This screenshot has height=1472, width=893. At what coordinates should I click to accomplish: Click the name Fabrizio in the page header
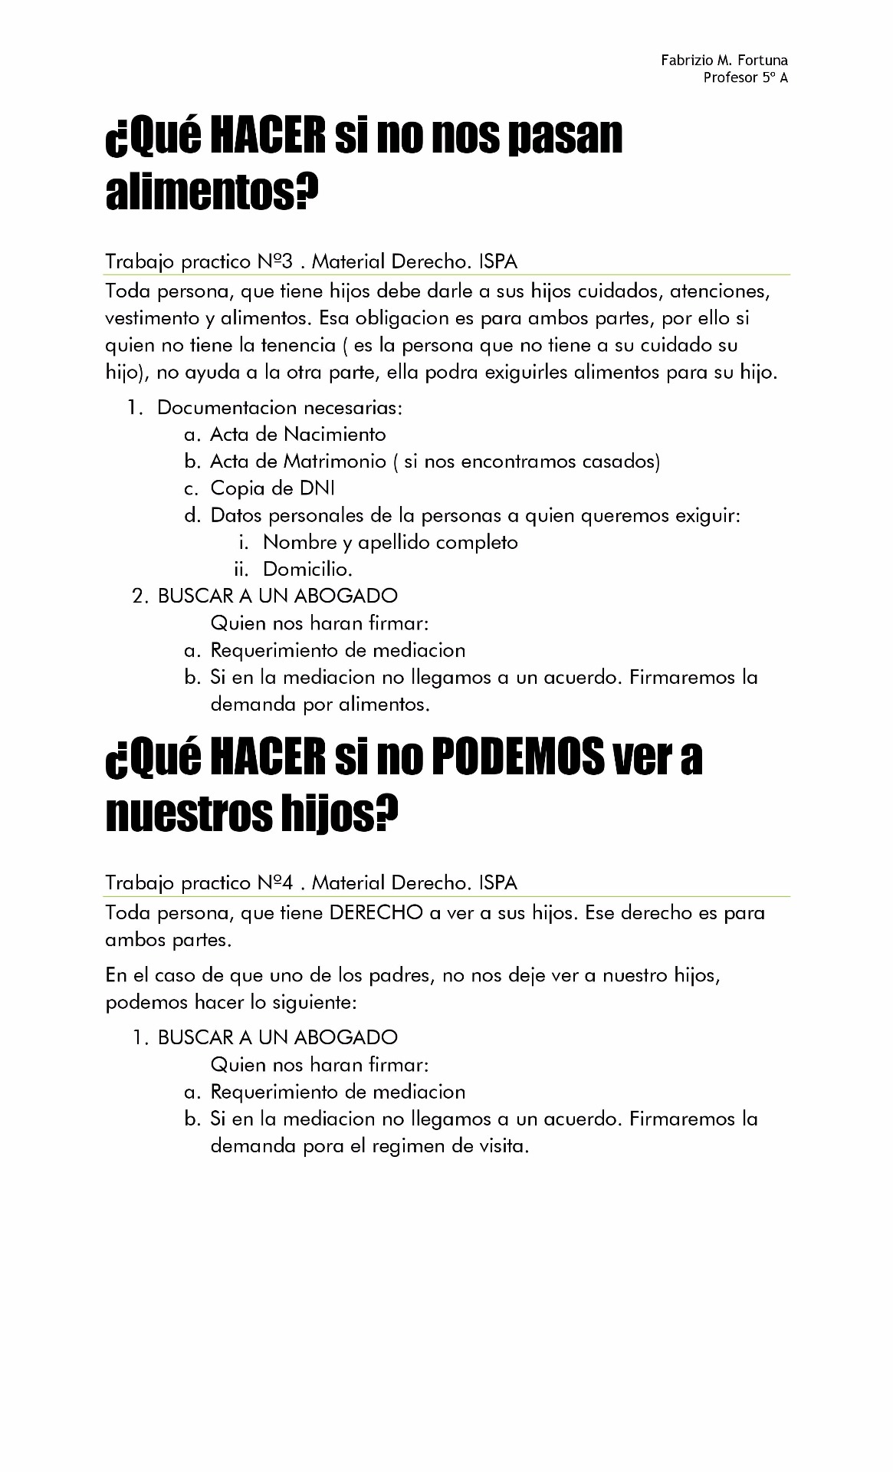(686, 61)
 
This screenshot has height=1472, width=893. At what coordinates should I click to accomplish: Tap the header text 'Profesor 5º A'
(745, 77)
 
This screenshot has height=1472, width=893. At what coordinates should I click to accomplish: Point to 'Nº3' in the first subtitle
(276, 261)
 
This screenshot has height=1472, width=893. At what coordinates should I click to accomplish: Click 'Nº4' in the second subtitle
(276, 882)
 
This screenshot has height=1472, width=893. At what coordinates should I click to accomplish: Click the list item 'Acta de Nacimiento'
(297, 435)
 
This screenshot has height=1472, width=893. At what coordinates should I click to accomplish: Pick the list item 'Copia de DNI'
(272, 488)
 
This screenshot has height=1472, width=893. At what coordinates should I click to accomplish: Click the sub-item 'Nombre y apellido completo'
(390, 543)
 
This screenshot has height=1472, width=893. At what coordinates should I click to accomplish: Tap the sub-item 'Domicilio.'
(307, 570)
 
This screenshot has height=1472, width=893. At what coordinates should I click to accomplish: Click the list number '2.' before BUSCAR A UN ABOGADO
(140, 596)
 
